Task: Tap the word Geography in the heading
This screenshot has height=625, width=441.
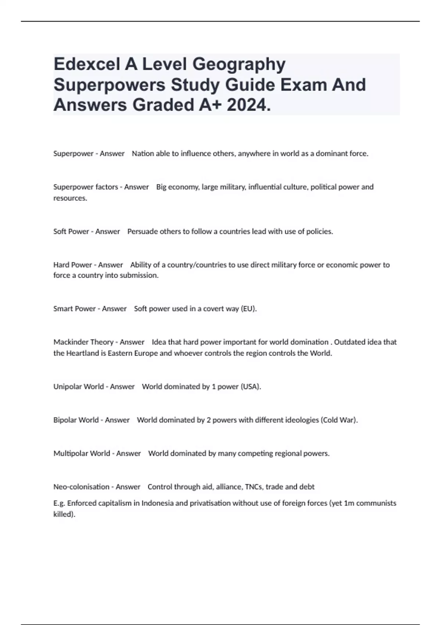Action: coord(239,65)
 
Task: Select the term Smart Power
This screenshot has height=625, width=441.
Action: coord(75,309)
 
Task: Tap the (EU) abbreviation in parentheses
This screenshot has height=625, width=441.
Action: coord(248,309)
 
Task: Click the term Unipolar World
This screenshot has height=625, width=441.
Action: coord(79,387)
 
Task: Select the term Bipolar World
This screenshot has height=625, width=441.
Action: coord(76,420)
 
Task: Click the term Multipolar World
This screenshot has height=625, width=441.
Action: coord(82,453)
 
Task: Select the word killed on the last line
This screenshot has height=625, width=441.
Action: coord(64,514)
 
